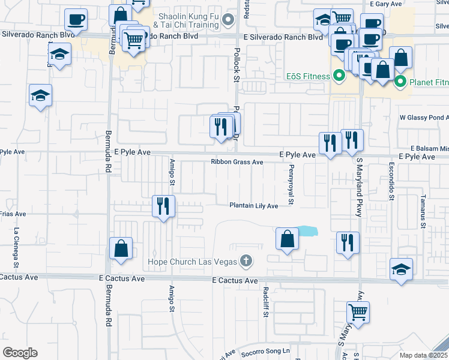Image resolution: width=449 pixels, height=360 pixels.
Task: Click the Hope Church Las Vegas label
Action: coord(191,262)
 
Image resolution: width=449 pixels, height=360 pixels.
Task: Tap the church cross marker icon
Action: coord(245,261)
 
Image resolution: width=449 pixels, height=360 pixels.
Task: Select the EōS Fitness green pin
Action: coord(338,76)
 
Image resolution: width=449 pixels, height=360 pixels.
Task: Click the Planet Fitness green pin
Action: coord(400,81)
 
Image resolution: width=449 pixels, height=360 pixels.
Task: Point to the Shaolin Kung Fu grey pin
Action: coord(228,21)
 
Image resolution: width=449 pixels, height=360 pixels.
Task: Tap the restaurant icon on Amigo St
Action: coord(163,206)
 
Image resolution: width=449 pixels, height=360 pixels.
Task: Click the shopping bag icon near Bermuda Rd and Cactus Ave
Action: coord(120,248)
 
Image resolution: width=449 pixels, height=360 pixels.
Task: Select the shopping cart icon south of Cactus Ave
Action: coord(358,312)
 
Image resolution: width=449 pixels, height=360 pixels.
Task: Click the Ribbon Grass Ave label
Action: coord(237,162)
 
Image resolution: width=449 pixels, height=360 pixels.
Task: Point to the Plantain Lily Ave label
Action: coord(253,206)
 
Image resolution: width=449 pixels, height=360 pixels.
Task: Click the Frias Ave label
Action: coord(13,214)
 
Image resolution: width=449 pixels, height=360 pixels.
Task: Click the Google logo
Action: coord(20,352)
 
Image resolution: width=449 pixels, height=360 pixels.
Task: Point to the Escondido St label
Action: coord(391,181)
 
